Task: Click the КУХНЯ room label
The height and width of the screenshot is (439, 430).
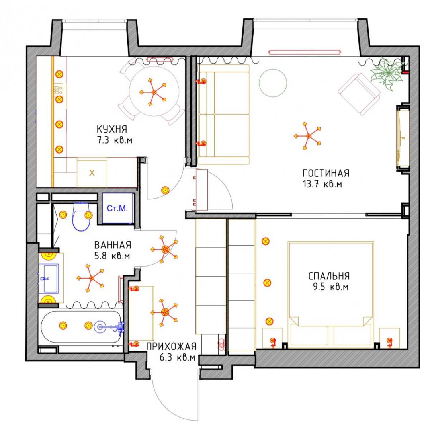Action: pyautogui.click(x=112, y=129)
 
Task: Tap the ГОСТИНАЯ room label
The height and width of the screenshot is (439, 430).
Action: pyautogui.click(x=326, y=173)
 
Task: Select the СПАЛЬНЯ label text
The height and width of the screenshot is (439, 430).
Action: pyautogui.click(x=329, y=276)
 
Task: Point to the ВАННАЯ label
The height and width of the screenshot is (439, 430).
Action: pyautogui.click(x=113, y=245)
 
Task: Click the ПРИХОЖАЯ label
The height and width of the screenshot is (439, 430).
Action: pyautogui.click(x=172, y=347)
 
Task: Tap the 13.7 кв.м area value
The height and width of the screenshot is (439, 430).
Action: pyautogui.click(x=322, y=184)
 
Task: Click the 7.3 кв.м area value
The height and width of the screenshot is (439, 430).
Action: pyautogui.click(x=115, y=140)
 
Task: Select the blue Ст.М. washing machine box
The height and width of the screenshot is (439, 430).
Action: pyautogui.click(x=118, y=208)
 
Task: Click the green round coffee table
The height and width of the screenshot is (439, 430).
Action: pyautogui.click(x=273, y=83)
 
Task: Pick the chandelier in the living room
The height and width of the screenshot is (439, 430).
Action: pyautogui.click(x=308, y=136)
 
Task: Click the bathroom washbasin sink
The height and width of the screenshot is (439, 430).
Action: pyautogui.click(x=49, y=278)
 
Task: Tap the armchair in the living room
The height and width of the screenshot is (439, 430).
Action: pyautogui.click(x=359, y=94)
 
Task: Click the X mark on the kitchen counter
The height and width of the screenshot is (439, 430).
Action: pyautogui.click(x=92, y=173)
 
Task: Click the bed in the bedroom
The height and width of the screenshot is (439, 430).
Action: pyautogui.click(x=331, y=295)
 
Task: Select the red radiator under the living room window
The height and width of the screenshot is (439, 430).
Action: pyautogui.click(x=305, y=52)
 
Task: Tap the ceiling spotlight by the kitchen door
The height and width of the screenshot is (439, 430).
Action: pyautogui.click(x=165, y=190)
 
